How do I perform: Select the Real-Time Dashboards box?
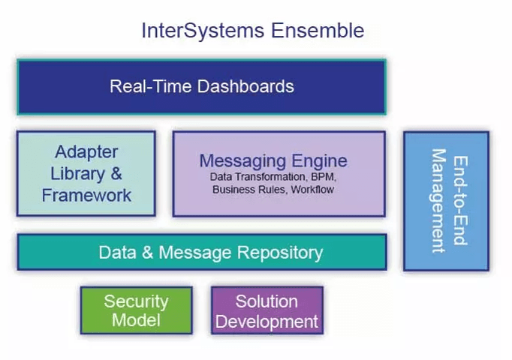pos(201,87)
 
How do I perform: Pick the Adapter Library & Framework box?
pos(86,174)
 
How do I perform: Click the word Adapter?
pos(86,152)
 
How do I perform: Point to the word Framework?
pos(86,196)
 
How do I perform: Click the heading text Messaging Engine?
pos(273,160)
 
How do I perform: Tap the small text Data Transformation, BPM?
pos(273,177)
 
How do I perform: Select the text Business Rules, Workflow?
pos(273,190)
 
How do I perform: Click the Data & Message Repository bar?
pos(201,252)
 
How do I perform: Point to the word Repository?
pos(280,252)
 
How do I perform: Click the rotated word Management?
pos(438,201)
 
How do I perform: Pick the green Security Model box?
pos(136,310)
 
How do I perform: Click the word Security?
pos(136,301)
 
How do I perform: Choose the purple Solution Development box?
pos(267,310)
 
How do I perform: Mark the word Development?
pos(267,322)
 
